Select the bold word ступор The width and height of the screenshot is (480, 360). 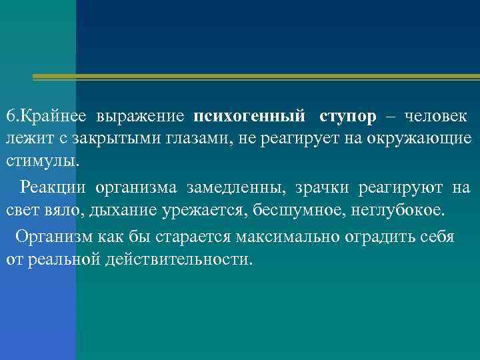pos(348,117)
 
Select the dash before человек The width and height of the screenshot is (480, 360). pos(390,117)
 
